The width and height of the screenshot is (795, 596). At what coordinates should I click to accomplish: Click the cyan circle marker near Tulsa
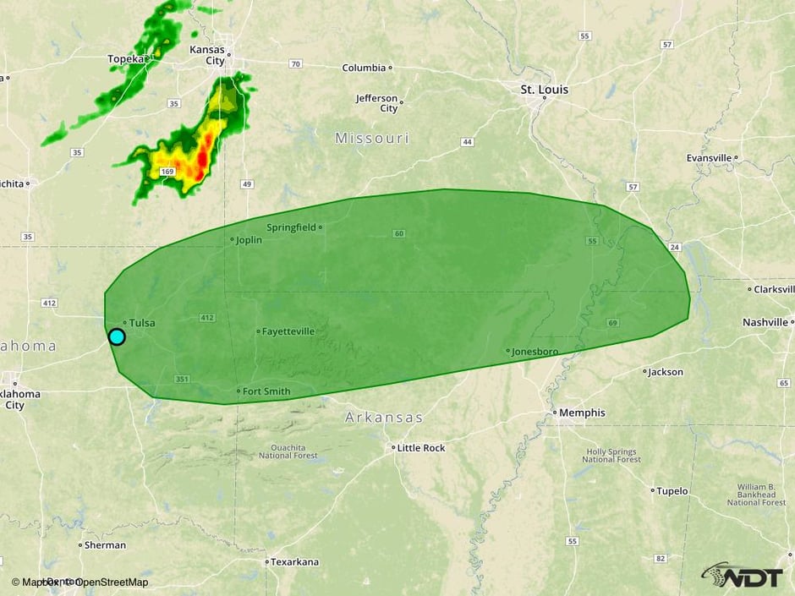tap(117, 336)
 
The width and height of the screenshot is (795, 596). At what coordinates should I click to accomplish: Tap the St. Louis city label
tap(544, 90)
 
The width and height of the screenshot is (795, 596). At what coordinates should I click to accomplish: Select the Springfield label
tap(291, 227)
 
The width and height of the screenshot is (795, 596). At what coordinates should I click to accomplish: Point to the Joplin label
tap(249, 240)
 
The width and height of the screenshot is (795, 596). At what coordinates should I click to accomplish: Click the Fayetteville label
tap(288, 331)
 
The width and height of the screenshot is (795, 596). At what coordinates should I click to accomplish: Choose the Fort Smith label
tap(266, 391)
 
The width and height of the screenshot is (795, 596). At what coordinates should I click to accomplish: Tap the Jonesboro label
tap(536, 351)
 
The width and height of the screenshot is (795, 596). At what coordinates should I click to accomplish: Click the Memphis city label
tap(582, 413)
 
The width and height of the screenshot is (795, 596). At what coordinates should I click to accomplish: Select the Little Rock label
tap(420, 448)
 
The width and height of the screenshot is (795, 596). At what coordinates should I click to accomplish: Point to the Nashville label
tap(765, 322)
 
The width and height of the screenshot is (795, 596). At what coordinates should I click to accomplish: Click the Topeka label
tap(126, 59)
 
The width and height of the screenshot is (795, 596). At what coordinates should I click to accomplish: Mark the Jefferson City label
tap(376, 103)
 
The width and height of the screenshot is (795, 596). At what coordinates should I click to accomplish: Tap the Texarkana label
tap(295, 561)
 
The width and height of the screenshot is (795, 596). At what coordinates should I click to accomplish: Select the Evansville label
tap(709, 158)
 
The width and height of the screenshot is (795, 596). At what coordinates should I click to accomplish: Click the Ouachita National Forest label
tap(288, 451)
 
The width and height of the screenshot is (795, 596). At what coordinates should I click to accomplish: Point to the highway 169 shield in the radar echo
tap(167, 172)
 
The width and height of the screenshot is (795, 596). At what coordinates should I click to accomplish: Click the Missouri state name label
tap(371, 138)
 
